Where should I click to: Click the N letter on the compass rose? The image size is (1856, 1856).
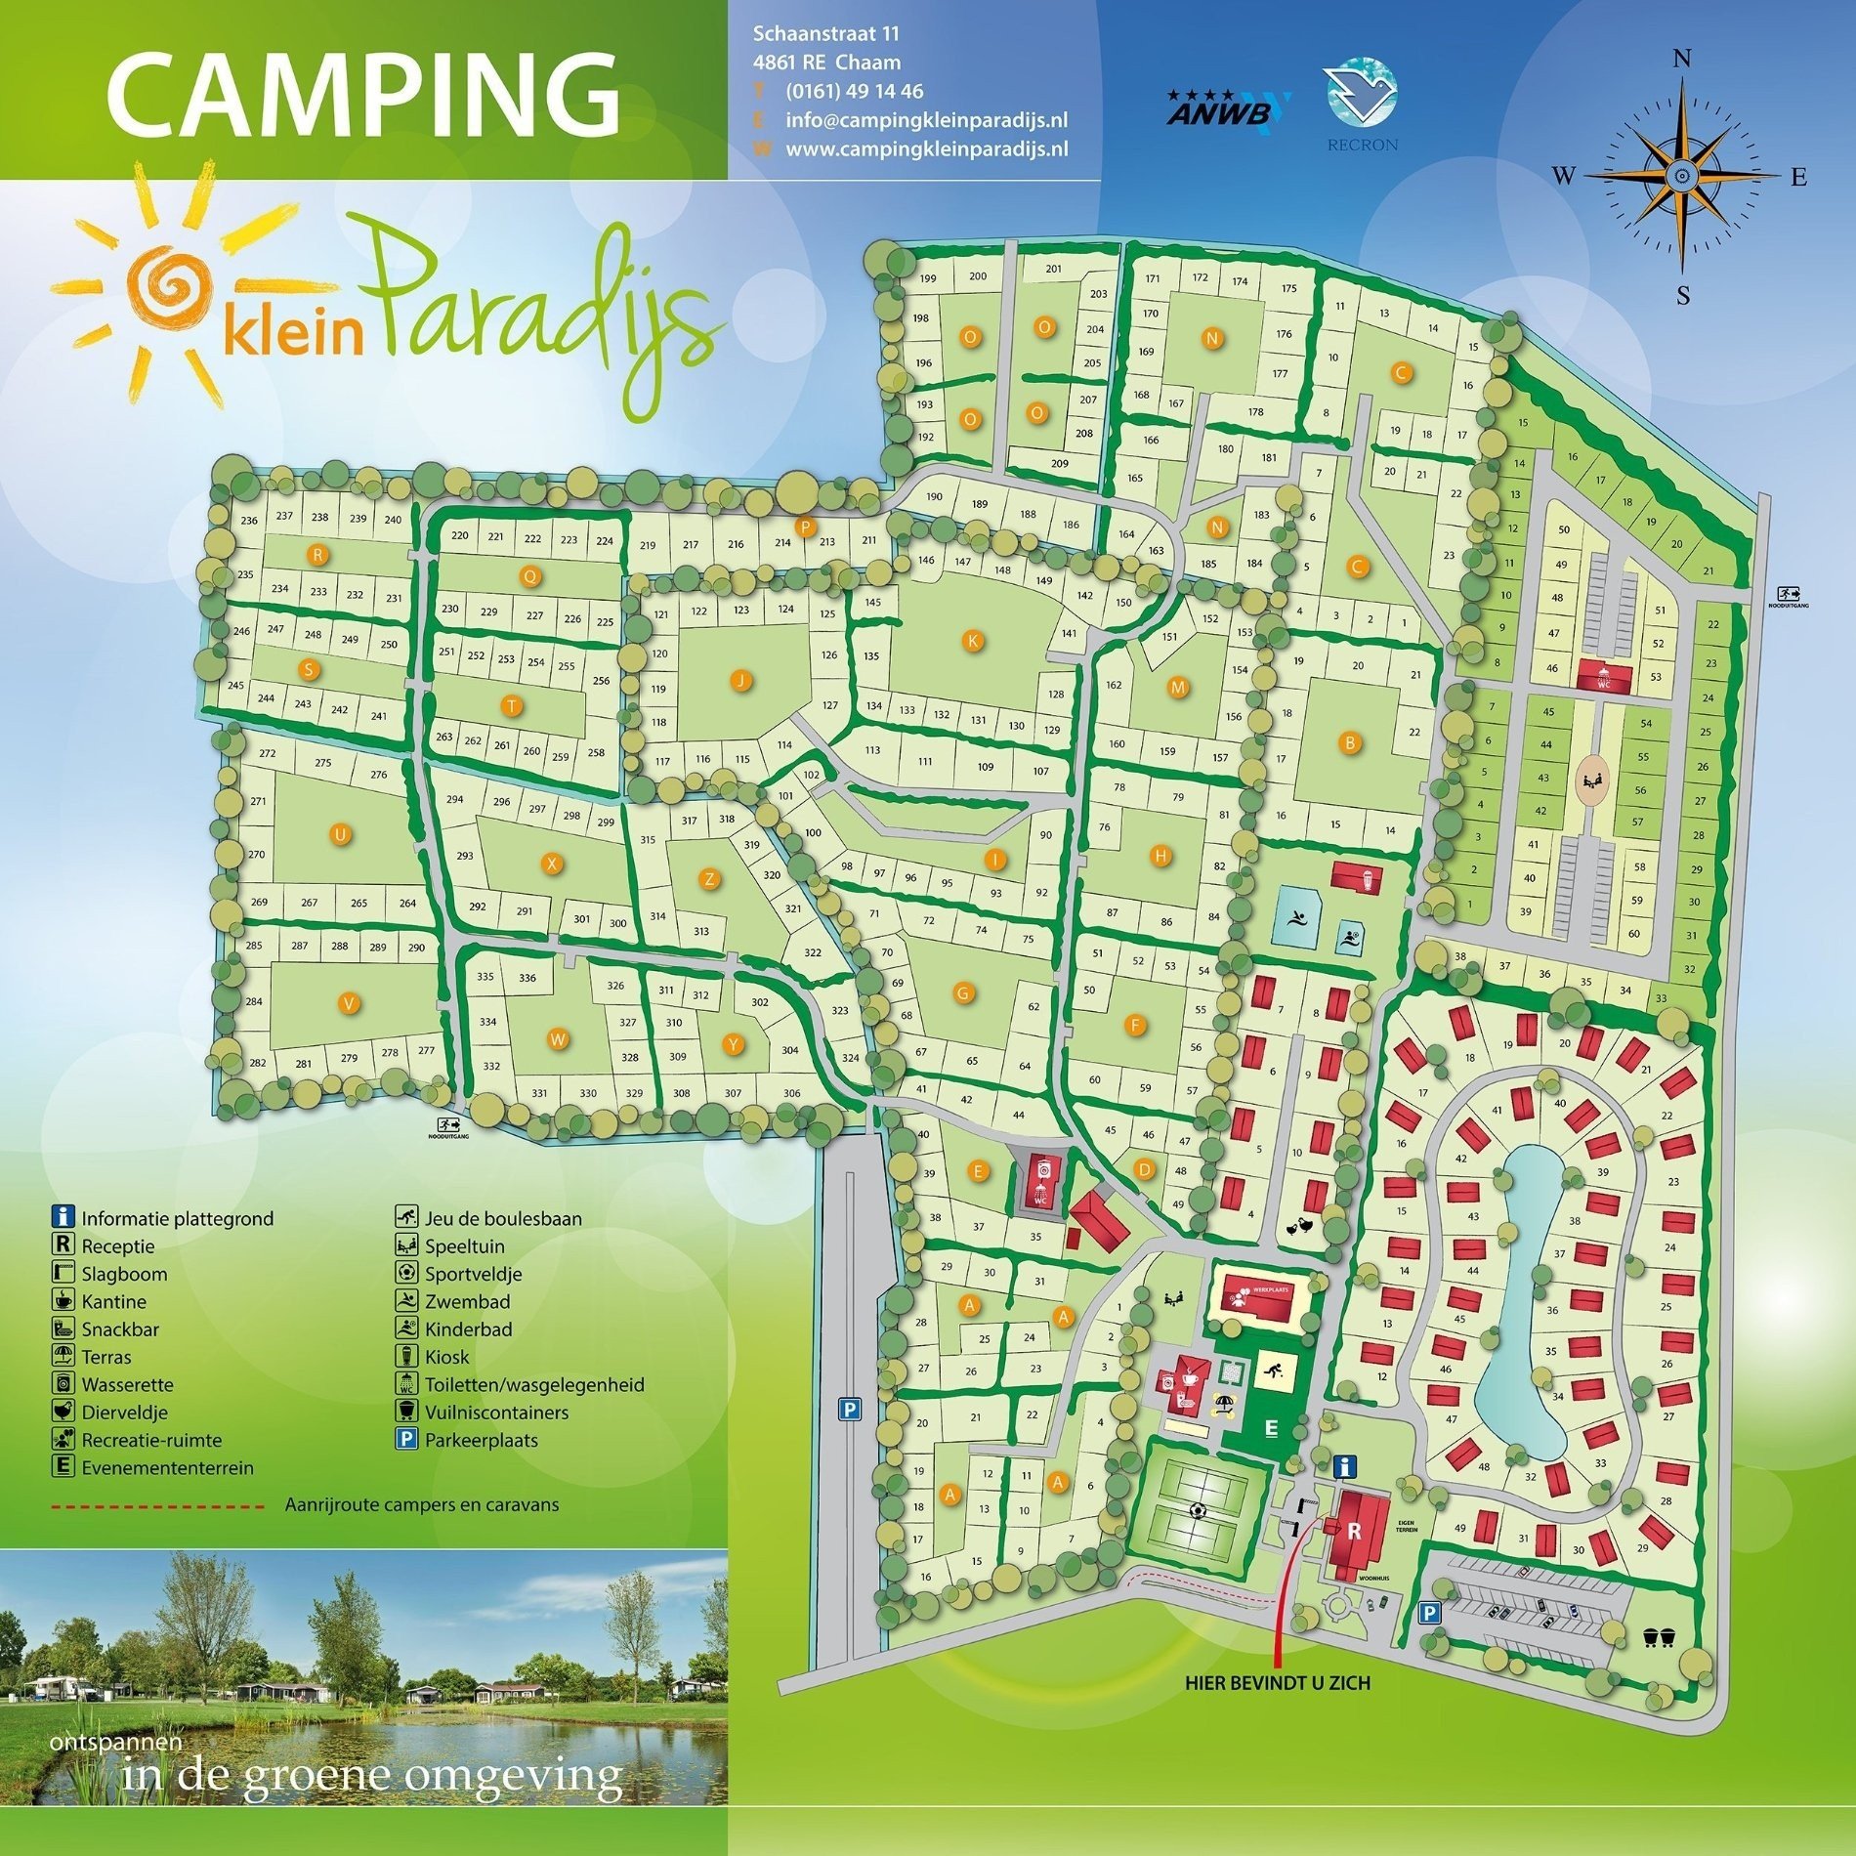[1682, 60]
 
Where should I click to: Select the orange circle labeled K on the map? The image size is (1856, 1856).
[972, 641]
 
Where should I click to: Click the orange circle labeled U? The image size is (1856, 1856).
[340, 834]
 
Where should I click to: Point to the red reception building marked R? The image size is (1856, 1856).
[1355, 1532]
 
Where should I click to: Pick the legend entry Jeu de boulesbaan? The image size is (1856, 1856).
[502, 1218]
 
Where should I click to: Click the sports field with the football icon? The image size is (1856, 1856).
[1199, 1508]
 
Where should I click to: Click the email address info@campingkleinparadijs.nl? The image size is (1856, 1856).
[925, 120]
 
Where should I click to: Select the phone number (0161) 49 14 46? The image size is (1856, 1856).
[854, 92]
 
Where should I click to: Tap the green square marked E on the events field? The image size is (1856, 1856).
[1270, 1429]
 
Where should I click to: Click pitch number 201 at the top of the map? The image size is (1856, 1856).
[1053, 269]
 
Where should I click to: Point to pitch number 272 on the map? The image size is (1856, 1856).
[268, 753]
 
